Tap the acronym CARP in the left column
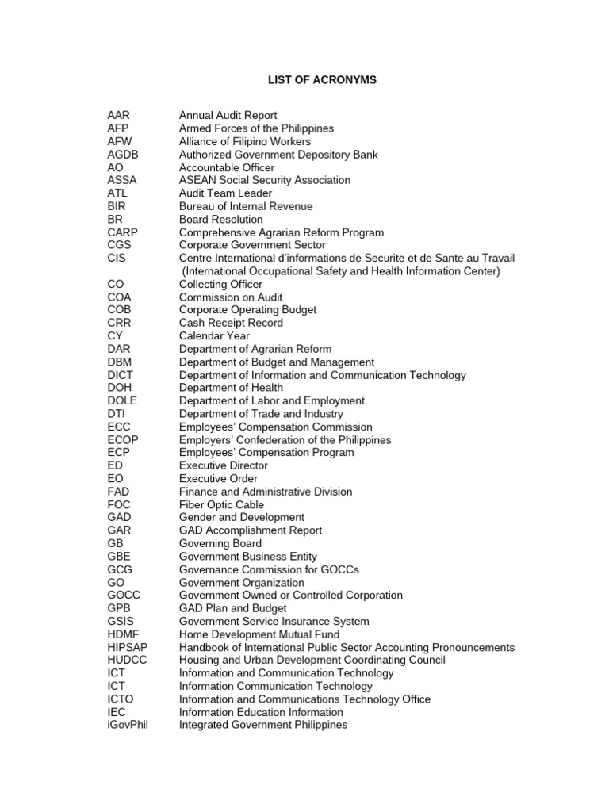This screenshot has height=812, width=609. (124, 232)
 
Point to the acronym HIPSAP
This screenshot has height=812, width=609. (128, 648)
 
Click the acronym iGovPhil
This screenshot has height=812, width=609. (128, 726)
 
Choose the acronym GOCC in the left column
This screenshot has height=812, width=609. (125, 596)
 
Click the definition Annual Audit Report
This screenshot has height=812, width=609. (228, 116)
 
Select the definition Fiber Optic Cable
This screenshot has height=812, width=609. (221, 504)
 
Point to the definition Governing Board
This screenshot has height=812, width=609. (220, 544)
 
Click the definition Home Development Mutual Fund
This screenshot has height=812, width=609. (259, 634)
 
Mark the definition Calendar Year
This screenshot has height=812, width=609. (215, 336)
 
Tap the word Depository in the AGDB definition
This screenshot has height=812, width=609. (318, 155)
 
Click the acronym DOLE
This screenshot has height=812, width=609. (122, 401)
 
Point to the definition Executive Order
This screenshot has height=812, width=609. (218, 479)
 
